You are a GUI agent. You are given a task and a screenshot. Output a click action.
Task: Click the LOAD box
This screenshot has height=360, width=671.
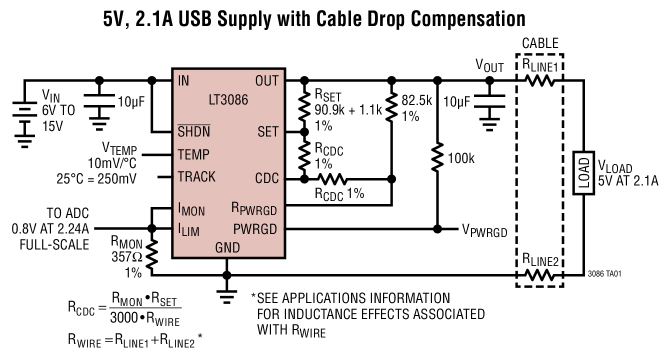583,173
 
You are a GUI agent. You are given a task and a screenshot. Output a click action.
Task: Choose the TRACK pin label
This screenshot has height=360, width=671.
196,177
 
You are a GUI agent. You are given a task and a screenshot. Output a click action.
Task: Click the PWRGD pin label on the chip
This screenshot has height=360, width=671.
255,229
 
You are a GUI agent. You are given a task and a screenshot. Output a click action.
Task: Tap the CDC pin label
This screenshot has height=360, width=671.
266,178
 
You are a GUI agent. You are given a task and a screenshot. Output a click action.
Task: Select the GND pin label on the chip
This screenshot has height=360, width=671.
227,247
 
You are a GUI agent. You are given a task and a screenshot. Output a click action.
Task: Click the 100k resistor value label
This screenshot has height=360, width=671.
461,159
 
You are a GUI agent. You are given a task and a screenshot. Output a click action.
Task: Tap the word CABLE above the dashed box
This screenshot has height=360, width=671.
540,43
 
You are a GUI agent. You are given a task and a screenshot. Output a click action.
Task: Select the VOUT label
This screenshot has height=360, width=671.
489,66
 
